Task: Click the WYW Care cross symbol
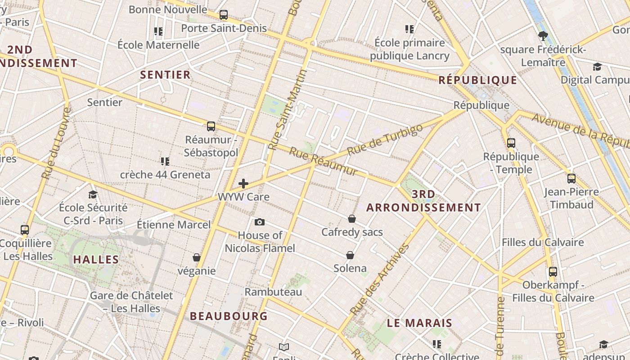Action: point(243,183)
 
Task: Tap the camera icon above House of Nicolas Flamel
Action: point(259,222)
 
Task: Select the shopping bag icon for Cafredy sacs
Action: point(352,219)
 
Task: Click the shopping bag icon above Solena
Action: point(350,255)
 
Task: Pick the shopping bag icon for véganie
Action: point(197,257)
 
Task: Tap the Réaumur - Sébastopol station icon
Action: point(211,126)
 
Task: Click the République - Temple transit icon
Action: point(511,143)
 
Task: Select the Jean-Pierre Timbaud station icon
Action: point(571,179)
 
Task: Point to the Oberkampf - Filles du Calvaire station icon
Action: point(553,272)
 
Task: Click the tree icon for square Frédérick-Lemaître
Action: point(543,36)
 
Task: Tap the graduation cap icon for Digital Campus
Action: point(597,67)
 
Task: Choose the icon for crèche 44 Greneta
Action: point(165,161)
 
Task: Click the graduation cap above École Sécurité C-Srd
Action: point(93,194)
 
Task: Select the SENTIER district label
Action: point(166,75)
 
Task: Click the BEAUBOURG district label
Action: point(229,316)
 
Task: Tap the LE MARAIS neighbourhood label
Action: point(419,323)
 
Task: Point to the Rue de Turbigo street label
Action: point(385,139)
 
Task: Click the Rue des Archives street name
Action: point(380,279)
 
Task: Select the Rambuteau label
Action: point(273,292)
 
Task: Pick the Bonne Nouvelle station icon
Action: point(224,15)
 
